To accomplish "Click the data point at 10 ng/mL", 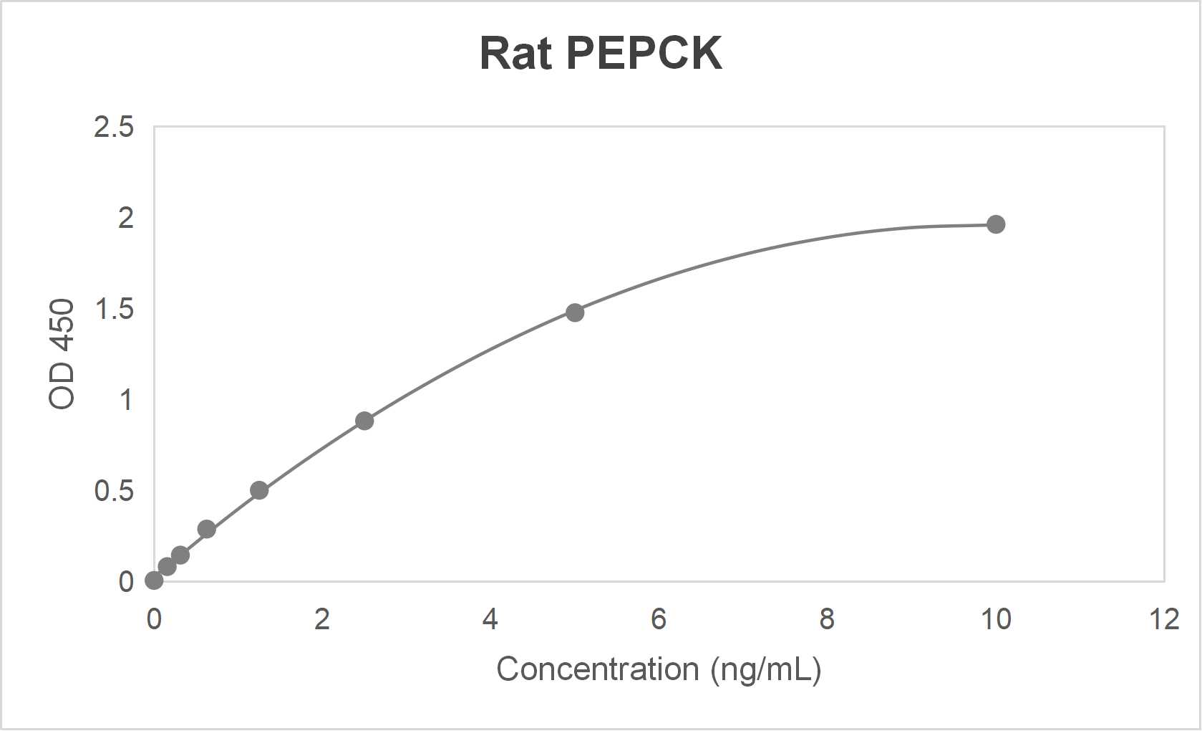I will pos(995,224).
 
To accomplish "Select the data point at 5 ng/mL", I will pos(574,312).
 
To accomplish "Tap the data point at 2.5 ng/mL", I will pos(364,421).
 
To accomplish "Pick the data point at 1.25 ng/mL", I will pos(259,491).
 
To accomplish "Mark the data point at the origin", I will pos(154,580).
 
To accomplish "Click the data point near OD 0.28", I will pos(206,530).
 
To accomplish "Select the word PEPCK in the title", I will pos(644,53).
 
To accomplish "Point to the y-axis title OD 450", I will pos(62,354).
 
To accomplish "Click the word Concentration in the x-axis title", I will pos(597,669).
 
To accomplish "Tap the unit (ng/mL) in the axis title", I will pos(765,669).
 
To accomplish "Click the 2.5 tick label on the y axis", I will pos(114,128).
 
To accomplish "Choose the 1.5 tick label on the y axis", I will pos(114,310).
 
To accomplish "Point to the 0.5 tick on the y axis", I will pos(114,491).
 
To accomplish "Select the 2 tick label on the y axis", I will pos(126,218).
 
